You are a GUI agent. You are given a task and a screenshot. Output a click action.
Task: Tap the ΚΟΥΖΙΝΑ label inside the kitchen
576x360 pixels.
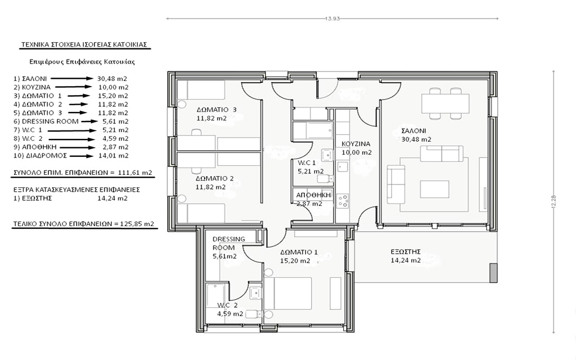tap(356, 144)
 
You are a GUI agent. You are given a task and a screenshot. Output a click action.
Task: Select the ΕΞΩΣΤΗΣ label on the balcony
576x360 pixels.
tap(406, 251)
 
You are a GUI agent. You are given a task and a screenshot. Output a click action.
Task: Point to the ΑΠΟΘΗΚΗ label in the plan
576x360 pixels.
tap(313, 195)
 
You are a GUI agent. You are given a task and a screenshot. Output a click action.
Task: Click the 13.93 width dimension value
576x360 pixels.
tap(332, 19)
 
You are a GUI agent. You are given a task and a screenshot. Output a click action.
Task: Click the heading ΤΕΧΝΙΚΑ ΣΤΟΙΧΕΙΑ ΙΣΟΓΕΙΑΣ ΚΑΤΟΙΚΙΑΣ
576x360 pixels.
tap(84, 45)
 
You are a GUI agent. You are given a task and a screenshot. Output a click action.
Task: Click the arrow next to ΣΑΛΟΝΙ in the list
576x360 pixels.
tap(72, 79)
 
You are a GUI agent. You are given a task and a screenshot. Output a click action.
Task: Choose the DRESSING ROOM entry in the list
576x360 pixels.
tap(50, 121)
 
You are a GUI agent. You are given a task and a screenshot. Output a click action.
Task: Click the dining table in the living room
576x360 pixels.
tap(445, 103)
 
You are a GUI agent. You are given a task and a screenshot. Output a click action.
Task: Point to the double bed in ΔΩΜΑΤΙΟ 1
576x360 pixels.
tap(287, 294)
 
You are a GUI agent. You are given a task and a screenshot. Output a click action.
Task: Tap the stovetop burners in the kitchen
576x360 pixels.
tap(343, 201)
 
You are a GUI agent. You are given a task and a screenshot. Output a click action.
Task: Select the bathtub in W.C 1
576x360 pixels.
tap(313, 130)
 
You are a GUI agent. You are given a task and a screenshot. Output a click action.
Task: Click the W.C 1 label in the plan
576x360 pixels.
tap(307, 163)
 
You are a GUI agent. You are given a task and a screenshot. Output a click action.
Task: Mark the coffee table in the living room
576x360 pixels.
tap(435, 190)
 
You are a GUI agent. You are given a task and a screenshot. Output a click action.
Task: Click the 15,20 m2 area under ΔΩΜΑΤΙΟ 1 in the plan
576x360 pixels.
tap(295, 261)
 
